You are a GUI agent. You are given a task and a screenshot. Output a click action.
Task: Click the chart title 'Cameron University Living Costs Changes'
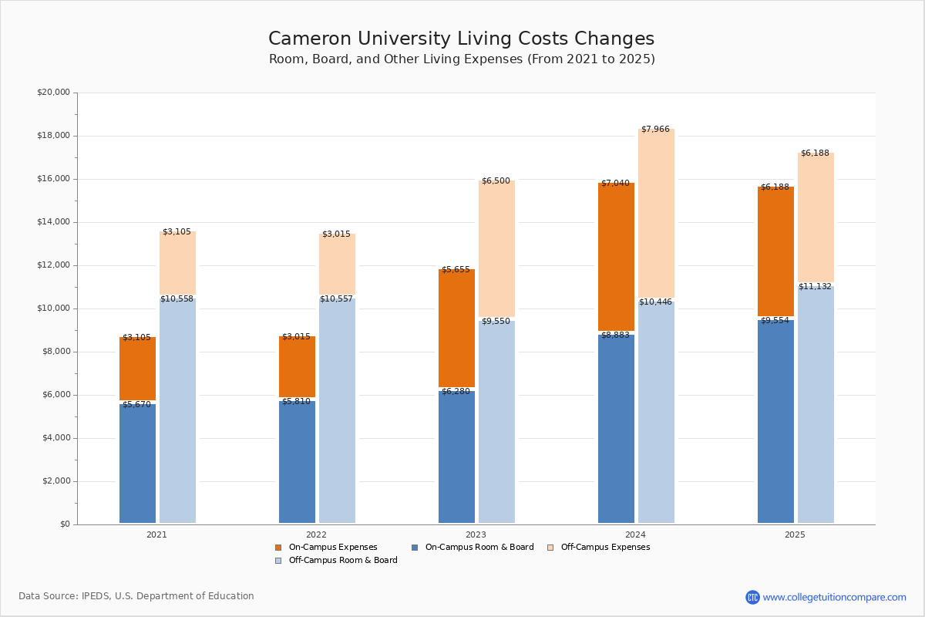point(461,39)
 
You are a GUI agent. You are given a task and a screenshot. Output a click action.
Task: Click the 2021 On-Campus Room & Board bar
point(137,463)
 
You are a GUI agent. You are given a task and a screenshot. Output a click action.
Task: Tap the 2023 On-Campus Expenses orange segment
point(456,328)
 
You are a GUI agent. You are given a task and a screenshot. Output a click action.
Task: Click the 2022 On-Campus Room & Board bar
point(297,463)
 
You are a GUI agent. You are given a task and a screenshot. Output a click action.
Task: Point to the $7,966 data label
point(655,129)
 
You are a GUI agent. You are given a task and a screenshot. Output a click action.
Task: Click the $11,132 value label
point(815,286)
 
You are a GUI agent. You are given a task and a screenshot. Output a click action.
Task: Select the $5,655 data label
point(456,270)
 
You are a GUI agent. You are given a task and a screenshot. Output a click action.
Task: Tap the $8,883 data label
point(615,335)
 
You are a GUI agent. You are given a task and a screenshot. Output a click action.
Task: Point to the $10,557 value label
point(336,299)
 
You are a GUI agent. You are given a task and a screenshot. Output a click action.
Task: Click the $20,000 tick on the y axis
point(53,93)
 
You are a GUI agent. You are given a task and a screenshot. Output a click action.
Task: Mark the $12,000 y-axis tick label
point(53,265)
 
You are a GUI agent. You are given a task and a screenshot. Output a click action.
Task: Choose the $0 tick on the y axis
point(64,524)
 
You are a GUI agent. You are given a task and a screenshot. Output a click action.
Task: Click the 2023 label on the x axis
point(476,534)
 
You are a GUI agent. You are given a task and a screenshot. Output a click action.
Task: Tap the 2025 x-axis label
point(795,534)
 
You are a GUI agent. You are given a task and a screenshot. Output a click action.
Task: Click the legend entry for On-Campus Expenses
point(332,548)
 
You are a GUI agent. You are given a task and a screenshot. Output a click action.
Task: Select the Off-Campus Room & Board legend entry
point(342,561)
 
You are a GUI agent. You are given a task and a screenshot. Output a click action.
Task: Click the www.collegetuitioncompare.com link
point(834,597)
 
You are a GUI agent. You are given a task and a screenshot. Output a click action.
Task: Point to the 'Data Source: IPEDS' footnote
point(136,596)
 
